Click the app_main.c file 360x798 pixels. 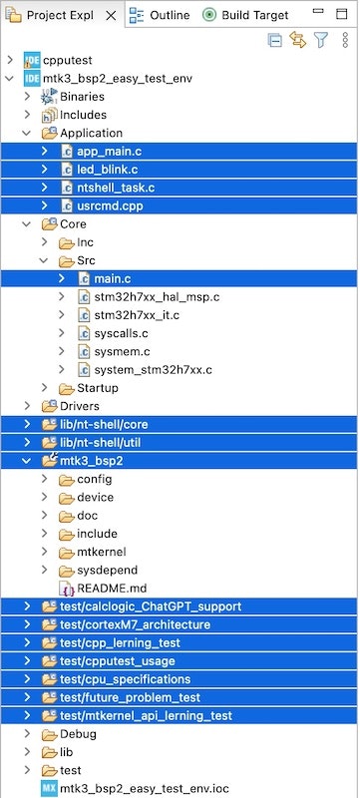point(110,152)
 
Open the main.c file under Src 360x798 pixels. point(114,278)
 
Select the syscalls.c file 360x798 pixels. point(121,333)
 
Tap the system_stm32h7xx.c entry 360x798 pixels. point(154,370)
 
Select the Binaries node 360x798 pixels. point(82,97)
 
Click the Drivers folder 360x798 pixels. point(79,406)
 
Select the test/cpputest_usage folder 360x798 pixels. point(117,661)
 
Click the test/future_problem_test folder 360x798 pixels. point(130,697)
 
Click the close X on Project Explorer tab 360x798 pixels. point(111,15)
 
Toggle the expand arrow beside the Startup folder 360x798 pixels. point(44,388)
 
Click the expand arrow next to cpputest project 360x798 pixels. point(10,60)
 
